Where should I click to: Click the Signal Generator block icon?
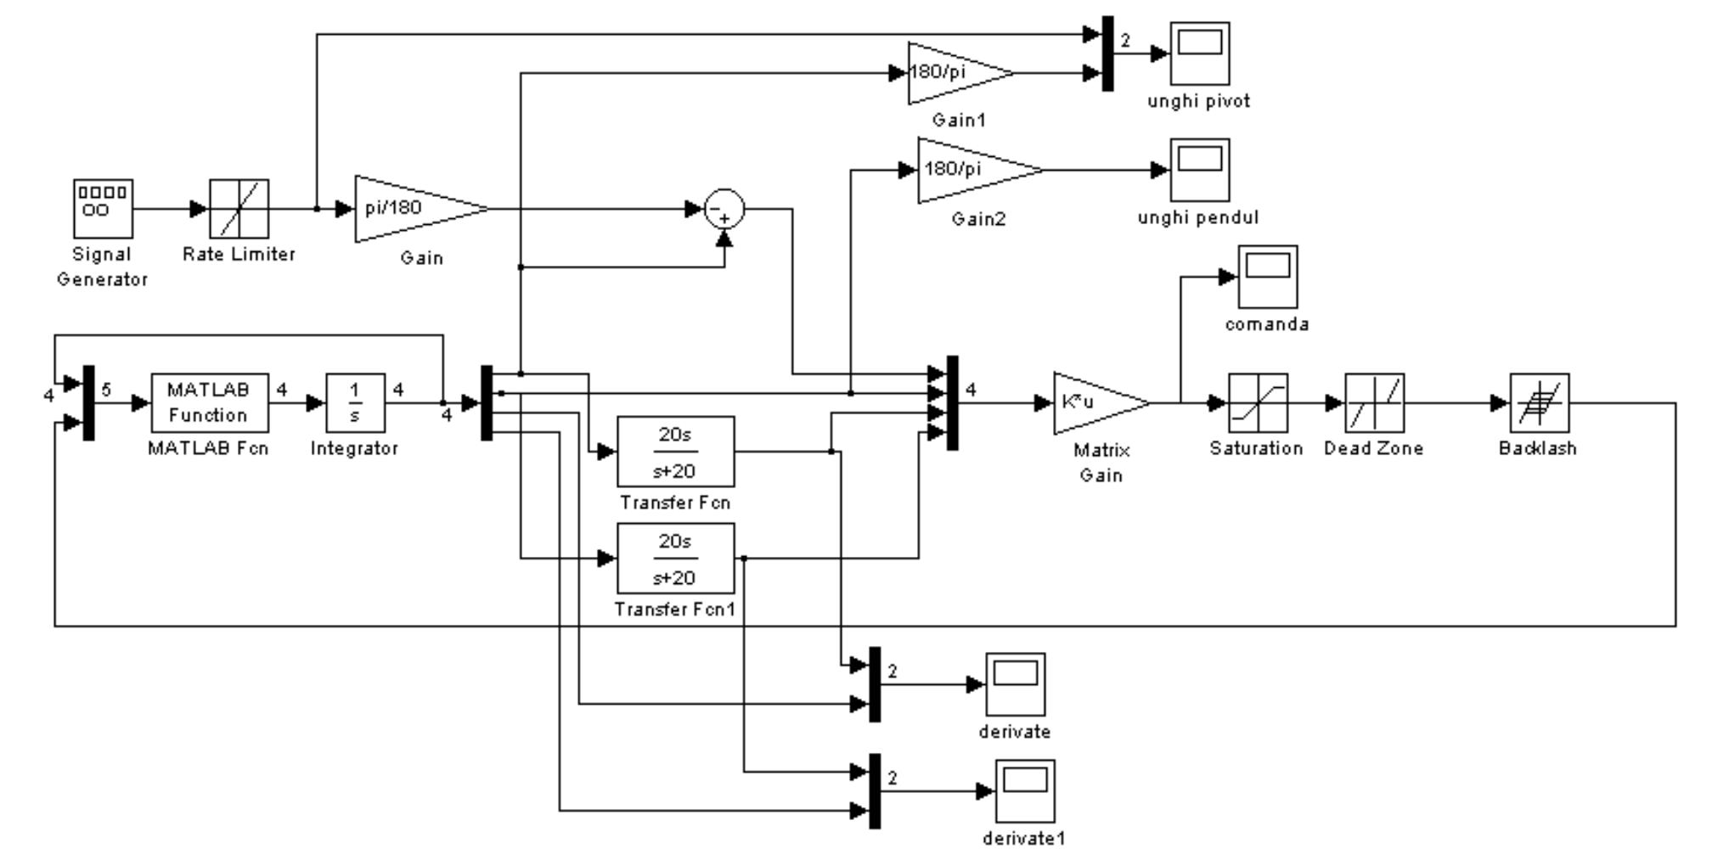[103, 209]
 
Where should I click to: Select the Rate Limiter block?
[239, 209]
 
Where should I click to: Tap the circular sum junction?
[724, 209]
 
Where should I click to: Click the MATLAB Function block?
[210, 402]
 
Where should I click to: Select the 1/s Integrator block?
[355, 402]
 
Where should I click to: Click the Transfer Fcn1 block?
[675, 559]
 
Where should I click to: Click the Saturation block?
[1258, 402]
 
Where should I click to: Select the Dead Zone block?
[1374, 402]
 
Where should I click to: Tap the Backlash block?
[1539, 402]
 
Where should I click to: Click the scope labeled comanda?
[1267, 277]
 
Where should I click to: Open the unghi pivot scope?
[1199, 53]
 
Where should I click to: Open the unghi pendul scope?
[1199, 170]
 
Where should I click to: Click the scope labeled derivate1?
[1025, 791]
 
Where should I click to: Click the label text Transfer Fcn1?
[675, 610]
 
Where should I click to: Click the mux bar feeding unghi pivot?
[1107, 53]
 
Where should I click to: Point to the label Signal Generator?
[102, 267]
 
